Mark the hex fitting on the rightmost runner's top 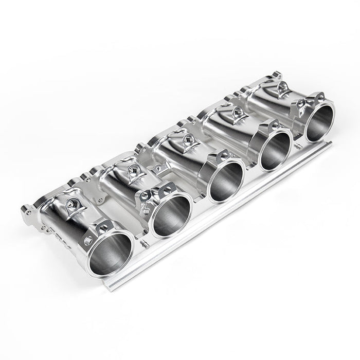282,89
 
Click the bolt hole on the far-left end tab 29,211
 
